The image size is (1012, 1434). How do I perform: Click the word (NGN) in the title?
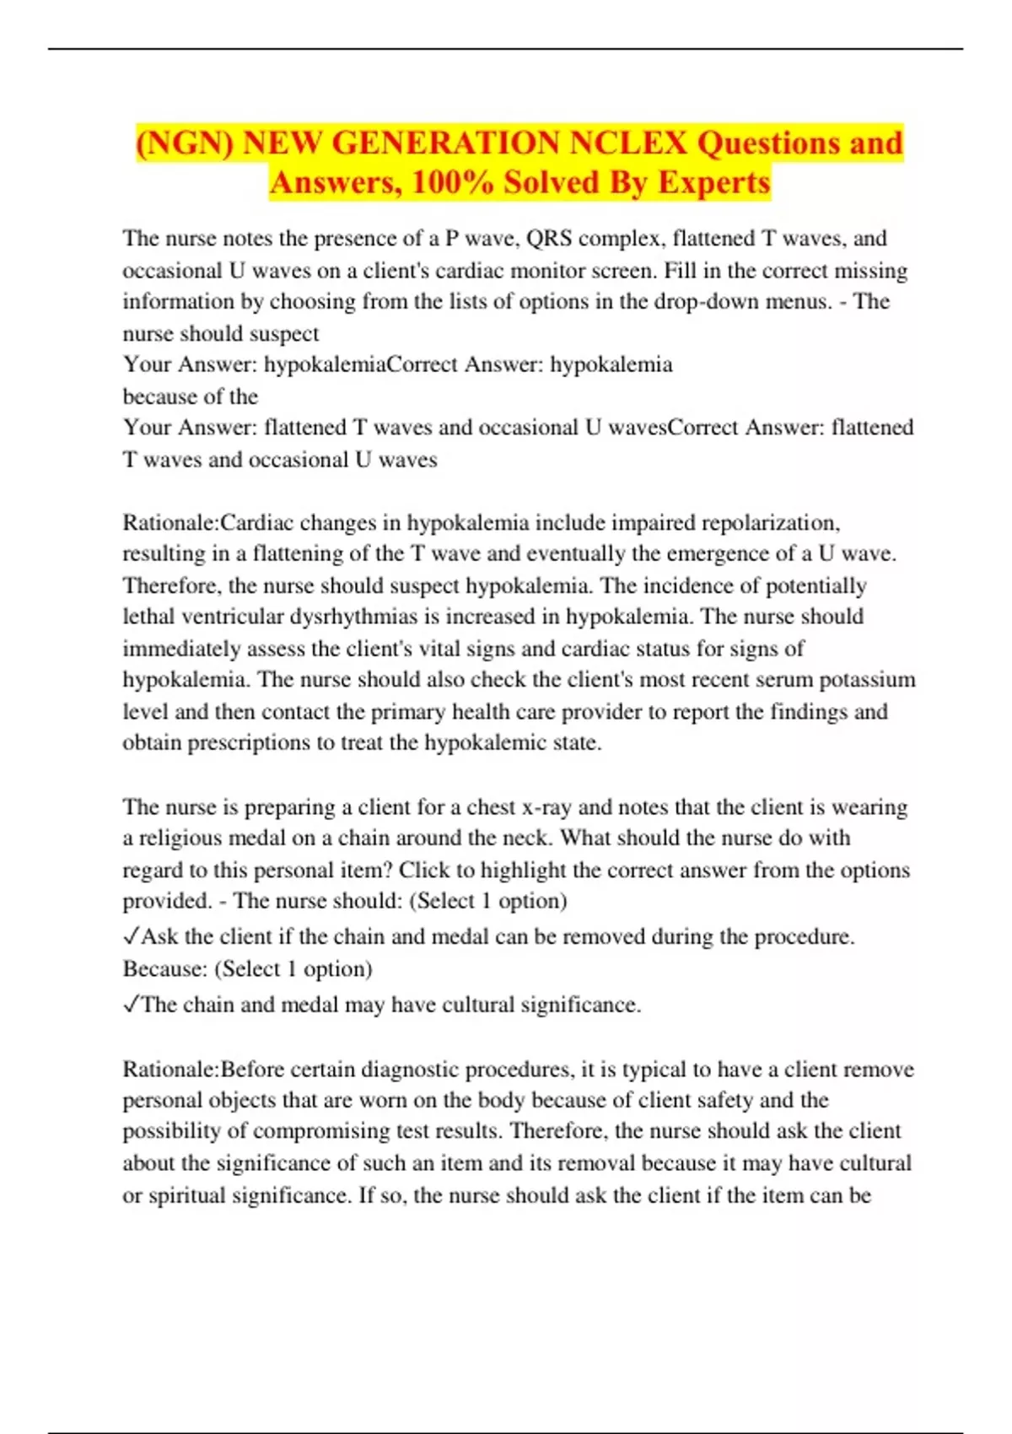coord(185,143)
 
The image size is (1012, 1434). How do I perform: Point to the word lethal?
coord(149,617)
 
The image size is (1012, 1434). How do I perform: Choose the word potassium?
coord(868,680)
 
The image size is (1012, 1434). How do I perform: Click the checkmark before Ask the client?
coord(131,936)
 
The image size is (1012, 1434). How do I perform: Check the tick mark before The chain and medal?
coord(131,1005)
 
